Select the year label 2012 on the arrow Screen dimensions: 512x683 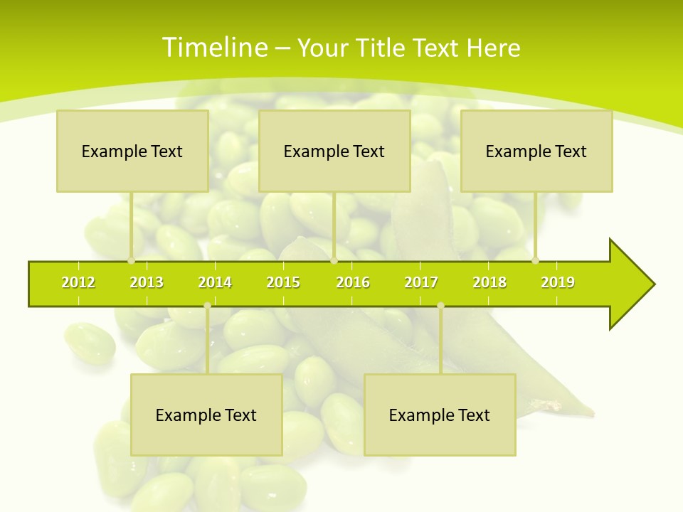pyautogui.click(x=78, y=282)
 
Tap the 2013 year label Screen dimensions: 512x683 pyautogui.click(x=147, y=282)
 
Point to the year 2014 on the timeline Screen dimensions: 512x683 pyautogui.click(x=215, y=282)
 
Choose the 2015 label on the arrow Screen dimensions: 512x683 pyautogui.click(x=283, y=282)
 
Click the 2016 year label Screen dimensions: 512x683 pyautogui.click(x=353, y=282)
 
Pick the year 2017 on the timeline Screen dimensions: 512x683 pyautogui.click(x=421, y=282)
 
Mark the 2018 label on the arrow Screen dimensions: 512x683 pyautogui.click(x=489, y=282)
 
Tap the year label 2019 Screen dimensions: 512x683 pyautogui.click(x=558, y=282)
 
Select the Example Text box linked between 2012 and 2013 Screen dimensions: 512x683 pyautogui.click(x=132, y=151)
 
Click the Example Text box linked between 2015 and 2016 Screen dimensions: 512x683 pyautogui.click(x=334, y=151)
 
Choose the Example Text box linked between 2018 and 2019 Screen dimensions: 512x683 pyautogui.click(x=536, y=151)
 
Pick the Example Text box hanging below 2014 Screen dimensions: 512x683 pyautogui.click(x=206, y=415)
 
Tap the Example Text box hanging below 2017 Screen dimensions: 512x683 pyautogui.click(x=440, y=415)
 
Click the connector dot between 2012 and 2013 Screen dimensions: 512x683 pyautogui.click(x=131, y=260)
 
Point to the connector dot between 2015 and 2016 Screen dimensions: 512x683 pyautogui.click(x=334, y=260)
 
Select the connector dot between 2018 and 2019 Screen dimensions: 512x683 pyautogui.click(x=535, y=260)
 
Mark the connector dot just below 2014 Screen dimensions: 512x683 pyautogui.click(x=207, y=306)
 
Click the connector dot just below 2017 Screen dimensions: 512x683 pyautogui.click(x=440, y=306)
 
